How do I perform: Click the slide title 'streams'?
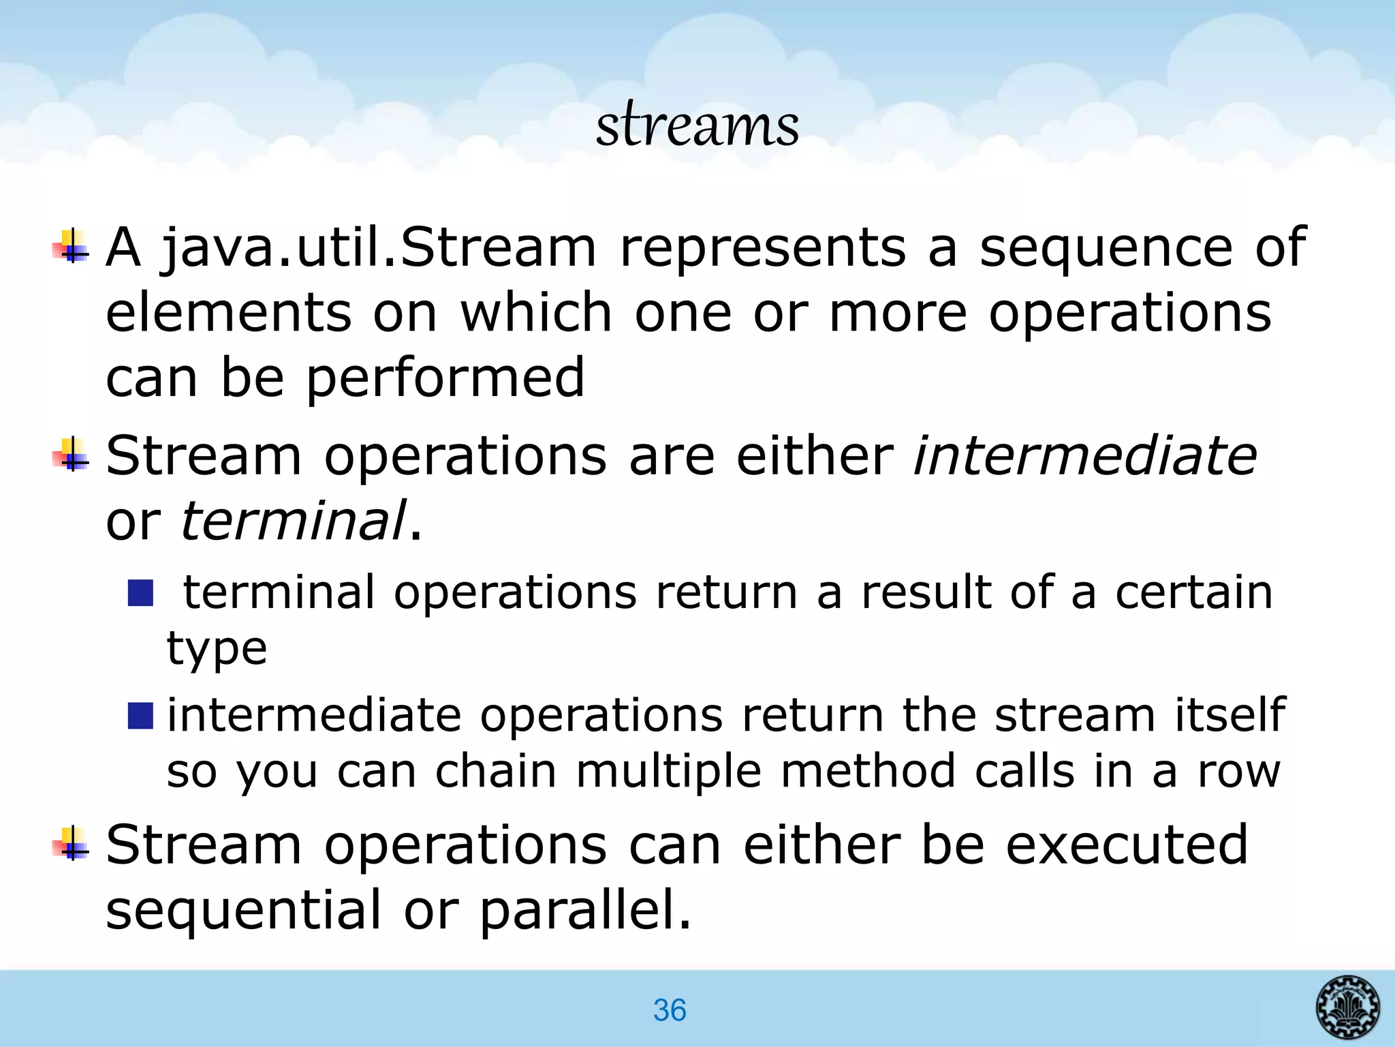click(697, 126)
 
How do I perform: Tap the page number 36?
click(670, 1010)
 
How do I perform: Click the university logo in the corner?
click(1347, 1006)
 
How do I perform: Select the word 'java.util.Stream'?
click(378, 248)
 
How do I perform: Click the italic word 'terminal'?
click(293, 520)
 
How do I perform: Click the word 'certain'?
click(1193, 591)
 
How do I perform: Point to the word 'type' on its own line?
click(217, 648)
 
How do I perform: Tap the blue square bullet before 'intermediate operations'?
click(140, 716)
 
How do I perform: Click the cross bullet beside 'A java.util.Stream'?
click(71, 247)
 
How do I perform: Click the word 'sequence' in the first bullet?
click(1106, 248)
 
